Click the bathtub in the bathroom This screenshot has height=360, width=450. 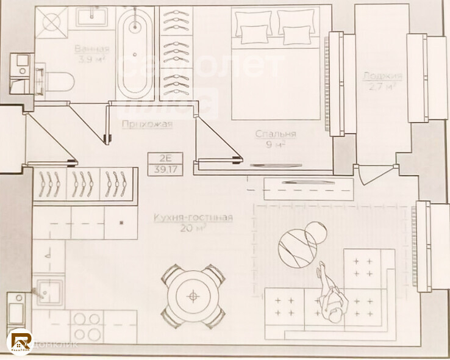click(135, 53)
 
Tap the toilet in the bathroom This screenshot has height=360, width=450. click(57, 80)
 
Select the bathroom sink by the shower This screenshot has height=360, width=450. click(92, 16)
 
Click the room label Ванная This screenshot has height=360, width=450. click(92, 49)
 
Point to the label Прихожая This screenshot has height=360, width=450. click(147, 124)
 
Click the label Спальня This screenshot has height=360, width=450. click(276, 134)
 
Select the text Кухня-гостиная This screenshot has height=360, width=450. click(193, 218)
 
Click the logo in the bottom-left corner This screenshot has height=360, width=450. click(20, 340)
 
